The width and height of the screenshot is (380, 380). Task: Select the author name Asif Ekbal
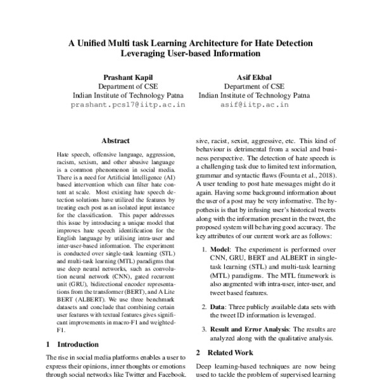tap(254, 77)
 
